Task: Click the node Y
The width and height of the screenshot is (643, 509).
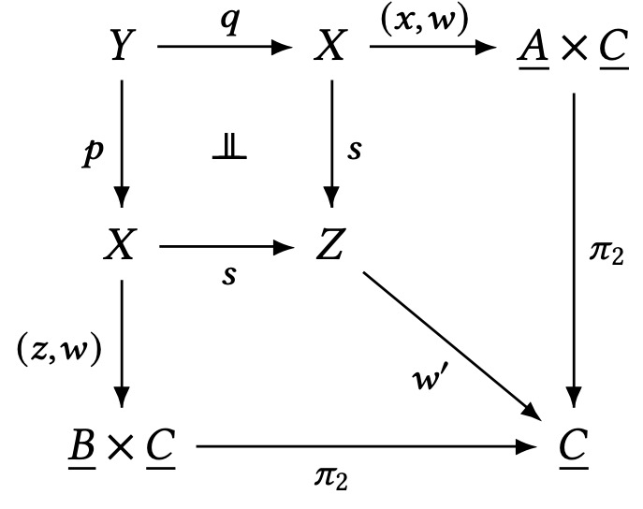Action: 121,45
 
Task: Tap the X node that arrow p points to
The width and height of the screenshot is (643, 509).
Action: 121,248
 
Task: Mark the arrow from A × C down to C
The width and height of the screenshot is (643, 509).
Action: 573,243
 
